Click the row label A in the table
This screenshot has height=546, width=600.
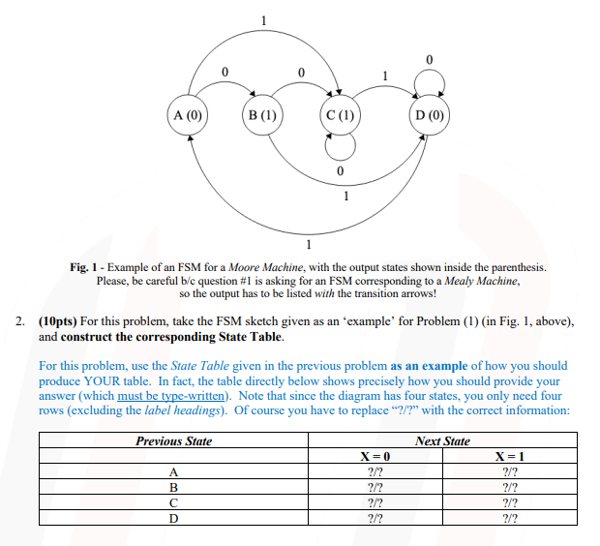tap(173, 471)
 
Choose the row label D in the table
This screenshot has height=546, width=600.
tap(173, 518)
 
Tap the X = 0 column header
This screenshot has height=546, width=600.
tap(373, 456)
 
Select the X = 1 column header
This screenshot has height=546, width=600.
tap(509, 456)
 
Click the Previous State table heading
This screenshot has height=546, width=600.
tap(173, 441)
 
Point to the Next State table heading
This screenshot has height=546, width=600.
tap(442, 441)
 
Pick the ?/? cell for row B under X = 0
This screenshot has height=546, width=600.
tap(373, 487)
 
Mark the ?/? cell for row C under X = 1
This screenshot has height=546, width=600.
tap(509, 502)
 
